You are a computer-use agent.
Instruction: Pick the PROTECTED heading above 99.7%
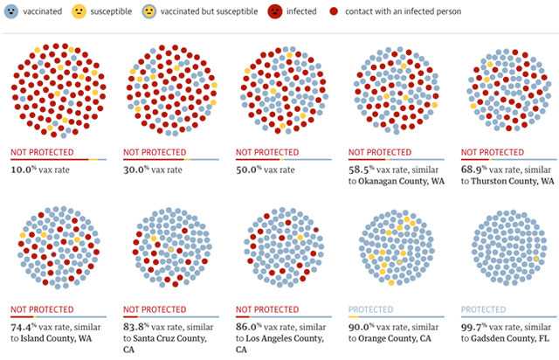[483, 309]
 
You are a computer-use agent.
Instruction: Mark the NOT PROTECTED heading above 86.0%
[266, 309]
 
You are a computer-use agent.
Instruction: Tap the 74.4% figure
[26, 325]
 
